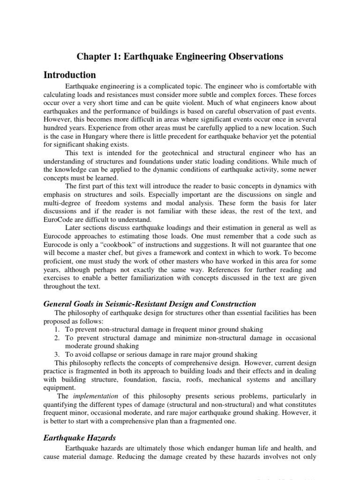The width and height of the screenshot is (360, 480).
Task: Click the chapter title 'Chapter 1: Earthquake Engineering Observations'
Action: [x=180, y=57]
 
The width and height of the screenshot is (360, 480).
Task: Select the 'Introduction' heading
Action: [x=69, y=75]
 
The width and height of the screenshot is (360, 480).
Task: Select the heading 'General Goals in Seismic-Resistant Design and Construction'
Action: [x=150, y=304]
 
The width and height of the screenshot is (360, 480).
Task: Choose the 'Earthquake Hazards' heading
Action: [x=79, y=438]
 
